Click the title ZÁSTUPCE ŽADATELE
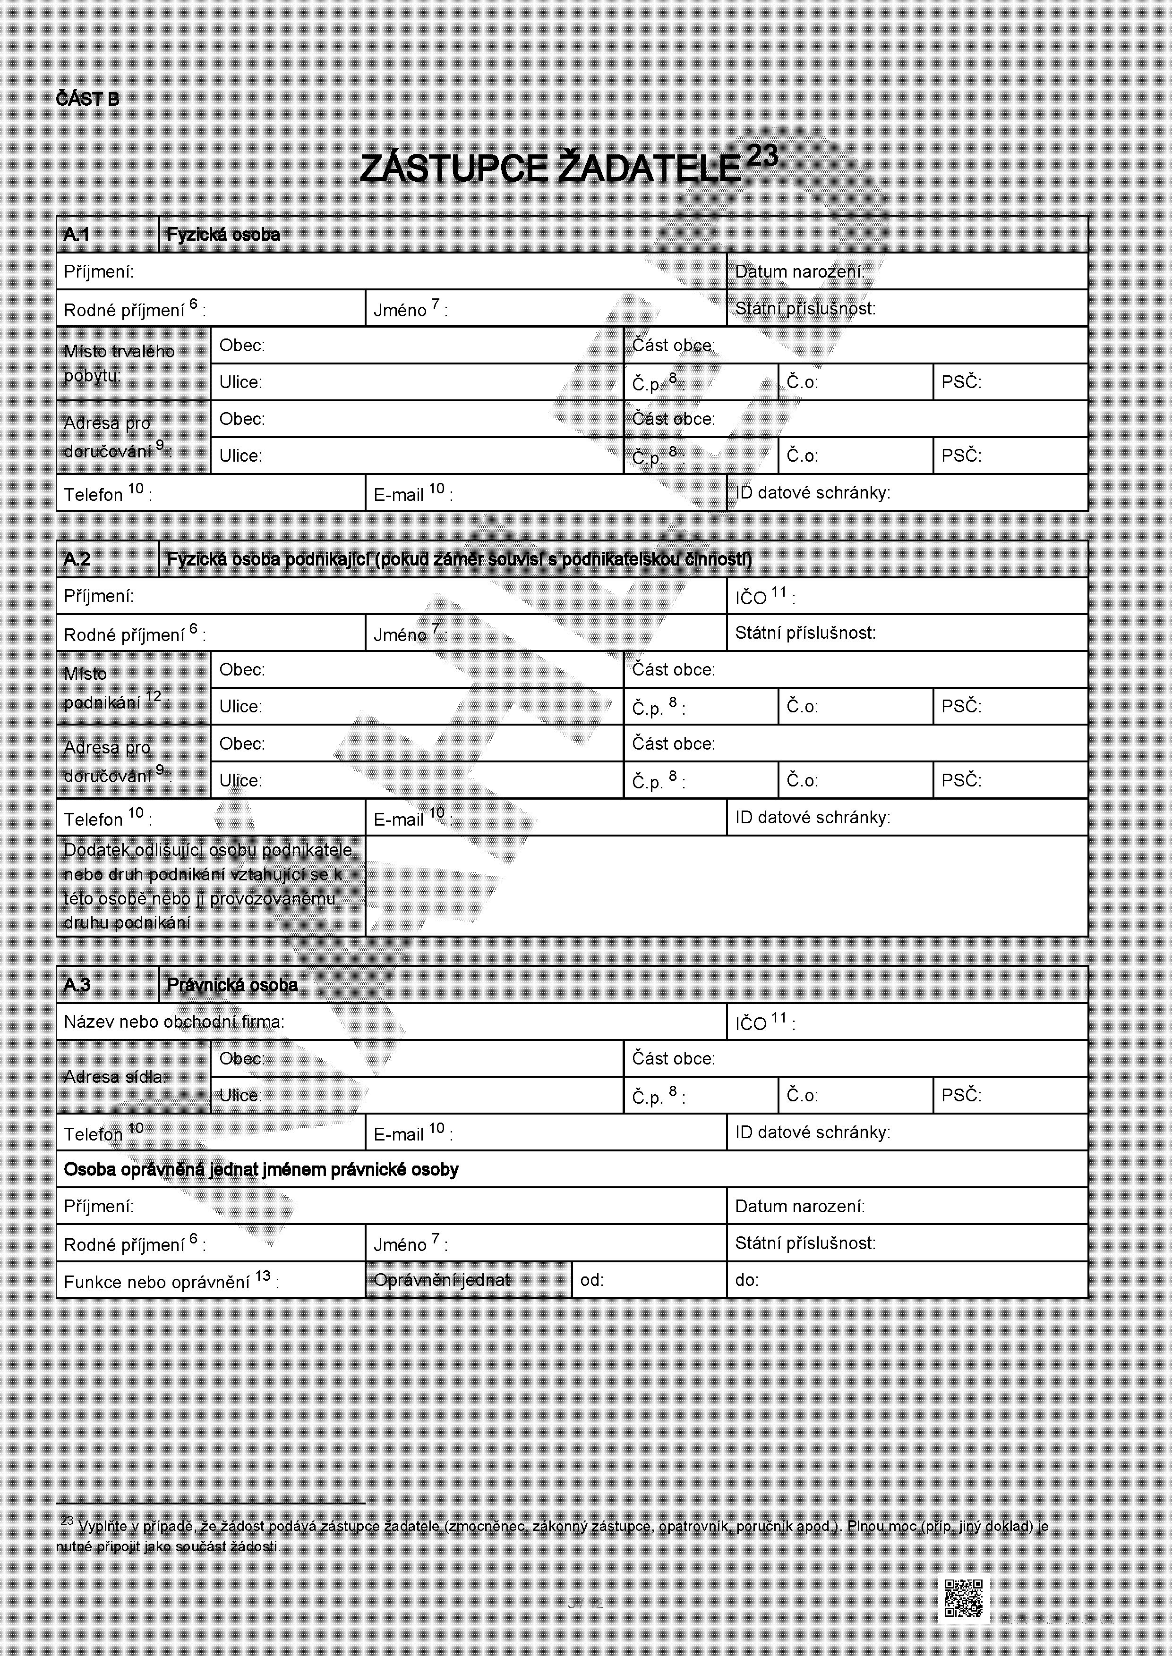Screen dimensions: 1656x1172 550,169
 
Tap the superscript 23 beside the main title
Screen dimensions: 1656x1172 762,156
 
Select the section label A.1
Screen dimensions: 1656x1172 77,235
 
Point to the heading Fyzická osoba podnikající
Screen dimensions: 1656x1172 459,559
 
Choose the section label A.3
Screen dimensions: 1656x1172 77,985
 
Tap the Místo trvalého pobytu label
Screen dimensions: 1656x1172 119,363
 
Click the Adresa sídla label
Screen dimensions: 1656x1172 115,1077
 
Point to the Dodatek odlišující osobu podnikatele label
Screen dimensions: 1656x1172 209,886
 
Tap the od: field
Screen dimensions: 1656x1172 648,1279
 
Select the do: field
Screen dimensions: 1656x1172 907,1279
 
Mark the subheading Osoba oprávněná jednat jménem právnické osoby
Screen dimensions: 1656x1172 261,1169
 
